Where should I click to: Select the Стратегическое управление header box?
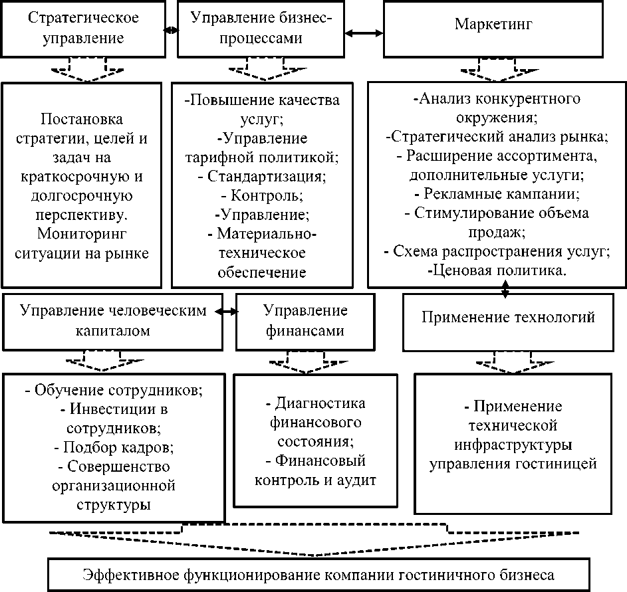pyautogui.click(x=83, y=28)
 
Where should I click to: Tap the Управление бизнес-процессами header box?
pyautogui.click(x=261, y=28)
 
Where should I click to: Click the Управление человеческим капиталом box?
pyautogui.click(x=112, y=320)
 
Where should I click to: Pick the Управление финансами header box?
pyautogui.click(x=305, y=320)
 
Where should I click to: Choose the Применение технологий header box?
pyautogui.click(x=508, y=318)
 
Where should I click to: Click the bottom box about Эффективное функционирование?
pyautogui.click(x=318, y=574)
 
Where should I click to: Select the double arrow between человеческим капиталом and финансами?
pyautogui.click(x=229, y=311)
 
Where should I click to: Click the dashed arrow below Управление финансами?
pyautogui.click(x=305, y=363)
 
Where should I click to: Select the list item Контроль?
pyautogui.click(x=261, y=196)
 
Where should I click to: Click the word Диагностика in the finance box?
pyautogui.click(x=315, y=403)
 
